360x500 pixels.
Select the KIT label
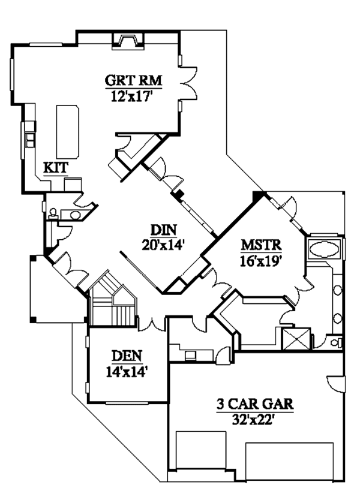(x=56, y=167)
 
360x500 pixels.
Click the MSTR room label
(x=261, y=246)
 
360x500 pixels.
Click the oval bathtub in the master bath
(x=323, y=249)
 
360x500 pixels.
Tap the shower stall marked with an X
(x=296, y=338)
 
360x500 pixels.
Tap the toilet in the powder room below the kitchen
(x=53, y=212)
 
